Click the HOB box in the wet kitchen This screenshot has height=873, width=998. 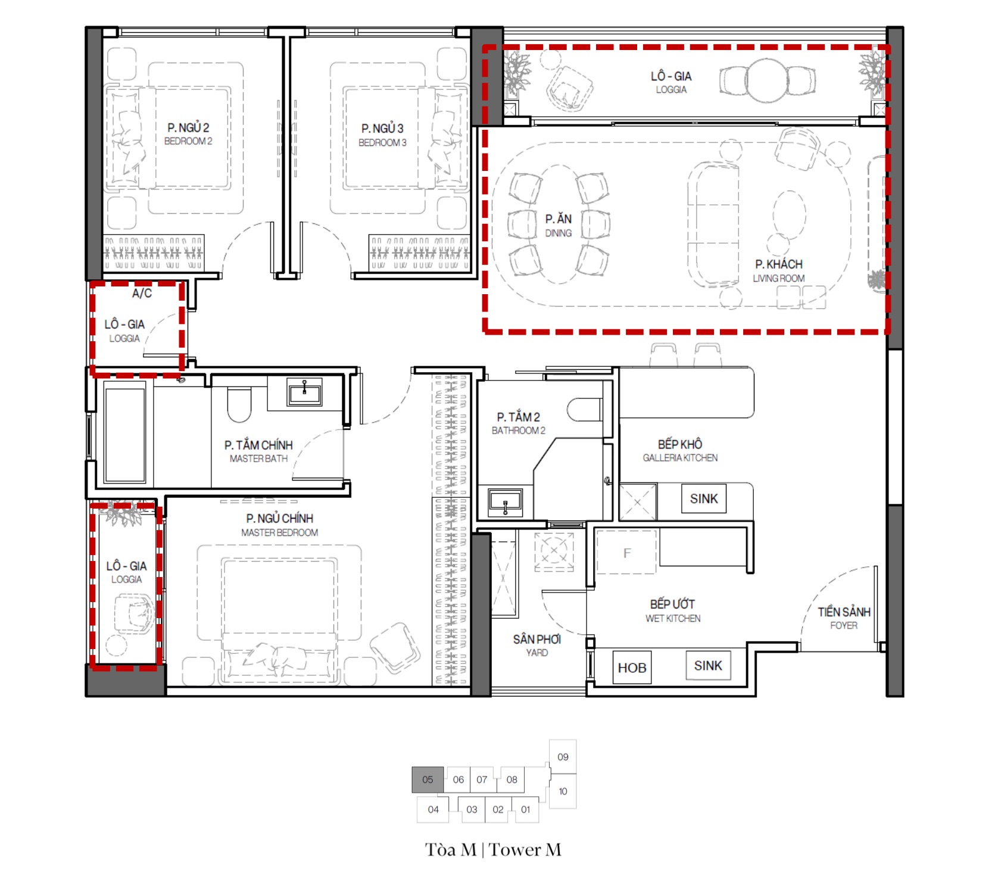click(632, 668)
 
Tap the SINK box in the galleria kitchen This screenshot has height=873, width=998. click(704, 498)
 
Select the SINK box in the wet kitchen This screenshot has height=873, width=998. click(708, 666)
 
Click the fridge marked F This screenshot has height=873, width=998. click(626, 552)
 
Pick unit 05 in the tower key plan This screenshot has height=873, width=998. click(428, 780)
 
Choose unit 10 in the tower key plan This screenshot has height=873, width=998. click(563, 791)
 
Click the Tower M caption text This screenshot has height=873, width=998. click(493, 850)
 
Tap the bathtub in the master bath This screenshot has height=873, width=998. click(125, 435)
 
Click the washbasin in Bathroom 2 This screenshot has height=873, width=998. click(505, 502)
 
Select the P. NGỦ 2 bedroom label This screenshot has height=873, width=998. click(188, 133)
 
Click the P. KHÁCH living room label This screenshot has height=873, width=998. click(779, 270)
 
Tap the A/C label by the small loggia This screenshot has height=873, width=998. click(142, 294)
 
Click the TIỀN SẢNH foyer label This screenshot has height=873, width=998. click(844, 618)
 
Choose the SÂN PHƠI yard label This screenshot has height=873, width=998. click(537, 645)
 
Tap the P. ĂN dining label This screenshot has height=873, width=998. click(559, 225)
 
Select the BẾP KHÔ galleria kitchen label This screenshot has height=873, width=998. click(680, 450)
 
